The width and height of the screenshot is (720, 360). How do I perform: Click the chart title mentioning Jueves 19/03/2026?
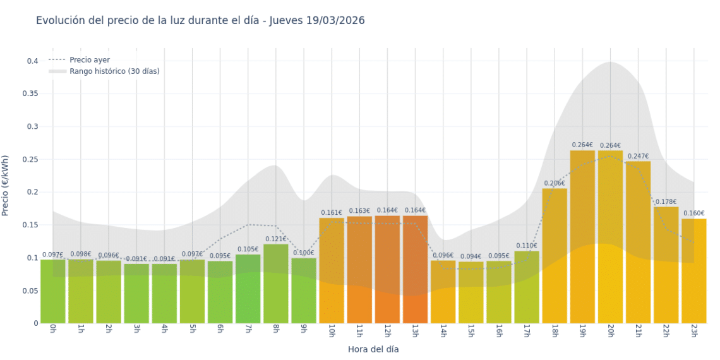[x=200, y=21]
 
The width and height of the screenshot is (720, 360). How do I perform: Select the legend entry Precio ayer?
[x=89, y=60]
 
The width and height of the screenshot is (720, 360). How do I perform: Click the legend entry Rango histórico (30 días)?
[x=114, y=71]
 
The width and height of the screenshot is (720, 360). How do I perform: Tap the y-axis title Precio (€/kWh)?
[x=6, y=186]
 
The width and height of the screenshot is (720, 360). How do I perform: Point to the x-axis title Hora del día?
[x=373, y=349]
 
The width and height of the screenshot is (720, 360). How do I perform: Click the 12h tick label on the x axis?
[x=387, y=331]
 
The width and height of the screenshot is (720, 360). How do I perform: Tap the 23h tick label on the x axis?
[x=693, y=331]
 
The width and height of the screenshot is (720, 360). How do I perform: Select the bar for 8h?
[x=276, y=284]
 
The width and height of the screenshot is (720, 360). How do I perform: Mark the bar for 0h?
[x=53, y=291]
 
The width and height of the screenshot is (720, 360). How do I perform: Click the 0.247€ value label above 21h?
[x=638, y=156]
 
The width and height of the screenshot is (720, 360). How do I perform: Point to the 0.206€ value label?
[x=555, y=183]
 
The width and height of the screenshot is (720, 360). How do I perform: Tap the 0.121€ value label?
[x=276, y=239]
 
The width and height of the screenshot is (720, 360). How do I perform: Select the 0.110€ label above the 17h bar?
[x=526, y=246]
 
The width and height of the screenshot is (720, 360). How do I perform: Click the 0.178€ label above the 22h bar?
[x=666, y=201]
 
